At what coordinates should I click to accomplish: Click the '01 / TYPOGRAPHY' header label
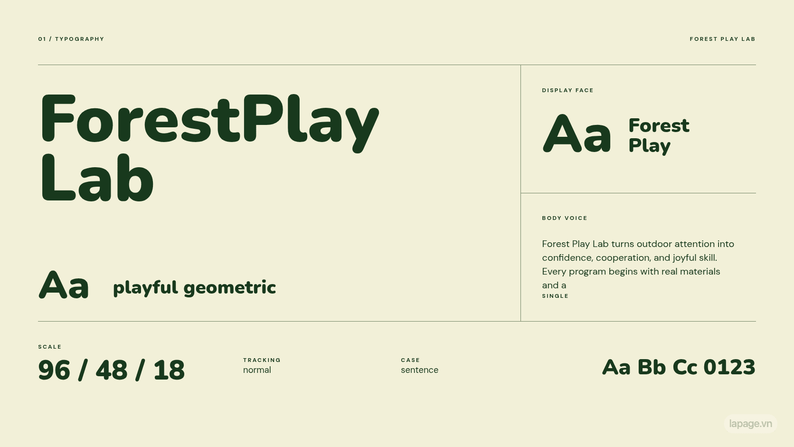[71, 39]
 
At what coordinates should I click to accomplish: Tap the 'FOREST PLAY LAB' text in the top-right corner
[722, 39]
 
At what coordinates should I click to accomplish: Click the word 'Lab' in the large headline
[97, 178]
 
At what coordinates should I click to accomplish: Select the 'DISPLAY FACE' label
[567, 90]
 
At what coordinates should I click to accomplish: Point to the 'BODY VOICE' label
[564, 218]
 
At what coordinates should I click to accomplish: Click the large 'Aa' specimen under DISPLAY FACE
[577, 133]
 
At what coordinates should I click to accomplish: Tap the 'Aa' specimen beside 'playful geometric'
[64, 285]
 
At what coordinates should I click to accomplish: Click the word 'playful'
[145, 288]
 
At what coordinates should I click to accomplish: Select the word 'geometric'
[230, 288]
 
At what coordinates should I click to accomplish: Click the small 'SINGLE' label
[555, 296]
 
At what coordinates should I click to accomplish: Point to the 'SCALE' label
[50, 347]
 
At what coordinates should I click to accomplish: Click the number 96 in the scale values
[54, 370]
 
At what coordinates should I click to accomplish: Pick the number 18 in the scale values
[169, 370]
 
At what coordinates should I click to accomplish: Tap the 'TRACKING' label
[262, 360]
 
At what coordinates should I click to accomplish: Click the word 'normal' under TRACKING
[257, 370]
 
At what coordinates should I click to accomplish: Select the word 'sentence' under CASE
[420, 370]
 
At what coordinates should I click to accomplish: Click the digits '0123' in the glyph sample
[729, 367]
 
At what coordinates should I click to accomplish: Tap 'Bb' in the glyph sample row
[652, 367]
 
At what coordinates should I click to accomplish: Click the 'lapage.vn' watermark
[751, 424]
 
